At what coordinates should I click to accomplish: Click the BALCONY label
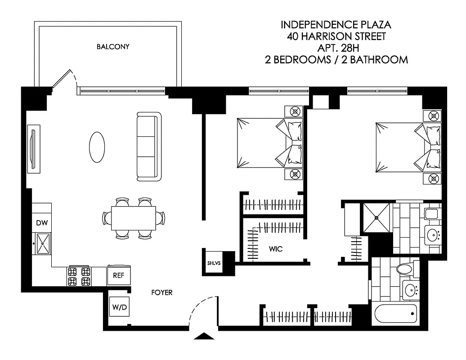[113, 47]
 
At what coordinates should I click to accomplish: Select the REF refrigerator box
[118, 275]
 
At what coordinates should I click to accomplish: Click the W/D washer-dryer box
[119, 308]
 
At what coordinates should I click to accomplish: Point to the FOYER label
[161, 292]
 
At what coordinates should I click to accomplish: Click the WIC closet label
[276, 248]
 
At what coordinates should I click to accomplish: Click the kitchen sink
[43, 243]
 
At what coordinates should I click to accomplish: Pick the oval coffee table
[98, 147]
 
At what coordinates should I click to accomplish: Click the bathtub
[395, 314]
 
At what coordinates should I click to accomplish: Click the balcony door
[62, 80]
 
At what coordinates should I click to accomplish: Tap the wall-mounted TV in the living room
[33, 148]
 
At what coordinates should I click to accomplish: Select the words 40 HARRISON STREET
[336, 36]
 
